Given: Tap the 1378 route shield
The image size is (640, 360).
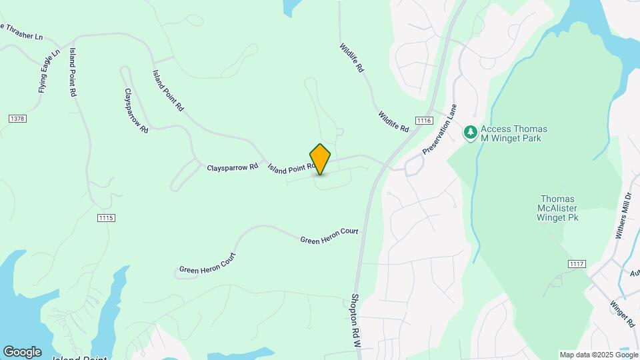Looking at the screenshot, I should pos(17,119).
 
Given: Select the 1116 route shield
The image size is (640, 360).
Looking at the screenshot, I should pos(423,120).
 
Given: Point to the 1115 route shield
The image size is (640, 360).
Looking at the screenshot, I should pos(106,218).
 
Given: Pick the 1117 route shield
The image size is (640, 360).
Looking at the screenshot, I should pos(577,264).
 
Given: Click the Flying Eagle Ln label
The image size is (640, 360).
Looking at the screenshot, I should pos(49,71).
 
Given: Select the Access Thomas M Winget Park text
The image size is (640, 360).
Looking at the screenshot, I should pos(514,133).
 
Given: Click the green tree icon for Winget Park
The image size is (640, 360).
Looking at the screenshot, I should pos(471,133).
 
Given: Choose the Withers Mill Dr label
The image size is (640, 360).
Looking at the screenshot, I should pos(623,216).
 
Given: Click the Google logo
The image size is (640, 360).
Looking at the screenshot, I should pos(21,351).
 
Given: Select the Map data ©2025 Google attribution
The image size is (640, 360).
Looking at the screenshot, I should pos(599,355).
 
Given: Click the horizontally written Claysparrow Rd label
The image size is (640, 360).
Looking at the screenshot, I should pos(232,167).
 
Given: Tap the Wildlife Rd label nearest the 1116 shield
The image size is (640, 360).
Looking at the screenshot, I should pos(393,121).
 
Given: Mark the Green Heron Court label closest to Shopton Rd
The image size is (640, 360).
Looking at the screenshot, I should pos(329,235).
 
